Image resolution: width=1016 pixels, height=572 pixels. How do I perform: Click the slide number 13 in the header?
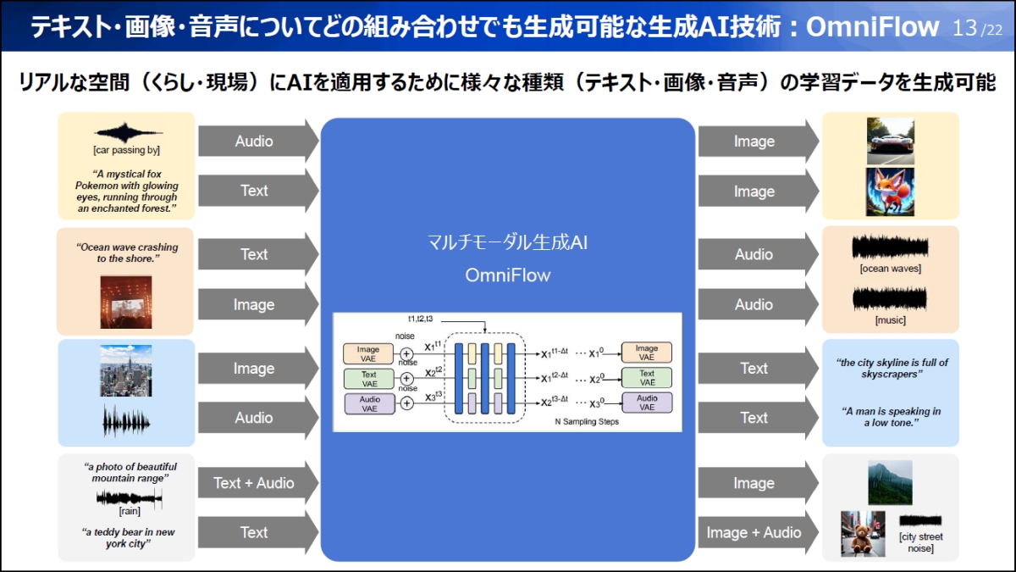(964, 27)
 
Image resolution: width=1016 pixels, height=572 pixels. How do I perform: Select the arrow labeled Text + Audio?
(254, 483)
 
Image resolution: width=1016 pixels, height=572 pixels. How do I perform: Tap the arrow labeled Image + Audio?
(754, 532)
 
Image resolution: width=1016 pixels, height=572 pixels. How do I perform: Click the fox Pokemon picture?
(890, 192)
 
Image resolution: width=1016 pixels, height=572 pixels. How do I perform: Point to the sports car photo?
(890, 141)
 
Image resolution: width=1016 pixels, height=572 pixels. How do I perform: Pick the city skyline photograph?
(125, 370)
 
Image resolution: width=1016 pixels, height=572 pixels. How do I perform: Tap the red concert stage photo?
(125, 302)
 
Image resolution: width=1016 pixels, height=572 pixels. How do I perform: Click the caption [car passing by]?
(127, 150)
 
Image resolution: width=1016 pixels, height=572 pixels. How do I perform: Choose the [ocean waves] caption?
(890, 269)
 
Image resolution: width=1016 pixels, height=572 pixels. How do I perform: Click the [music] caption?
(890, 319)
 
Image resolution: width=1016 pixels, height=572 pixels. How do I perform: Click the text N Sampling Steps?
(586, 421)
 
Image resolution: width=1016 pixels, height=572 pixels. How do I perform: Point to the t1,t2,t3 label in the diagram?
(421, 319)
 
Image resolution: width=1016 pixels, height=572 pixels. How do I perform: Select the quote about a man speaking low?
(891, 416)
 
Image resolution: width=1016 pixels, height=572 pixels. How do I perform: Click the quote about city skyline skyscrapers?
(891, 368)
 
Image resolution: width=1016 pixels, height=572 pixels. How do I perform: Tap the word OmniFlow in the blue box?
(507, 275)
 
